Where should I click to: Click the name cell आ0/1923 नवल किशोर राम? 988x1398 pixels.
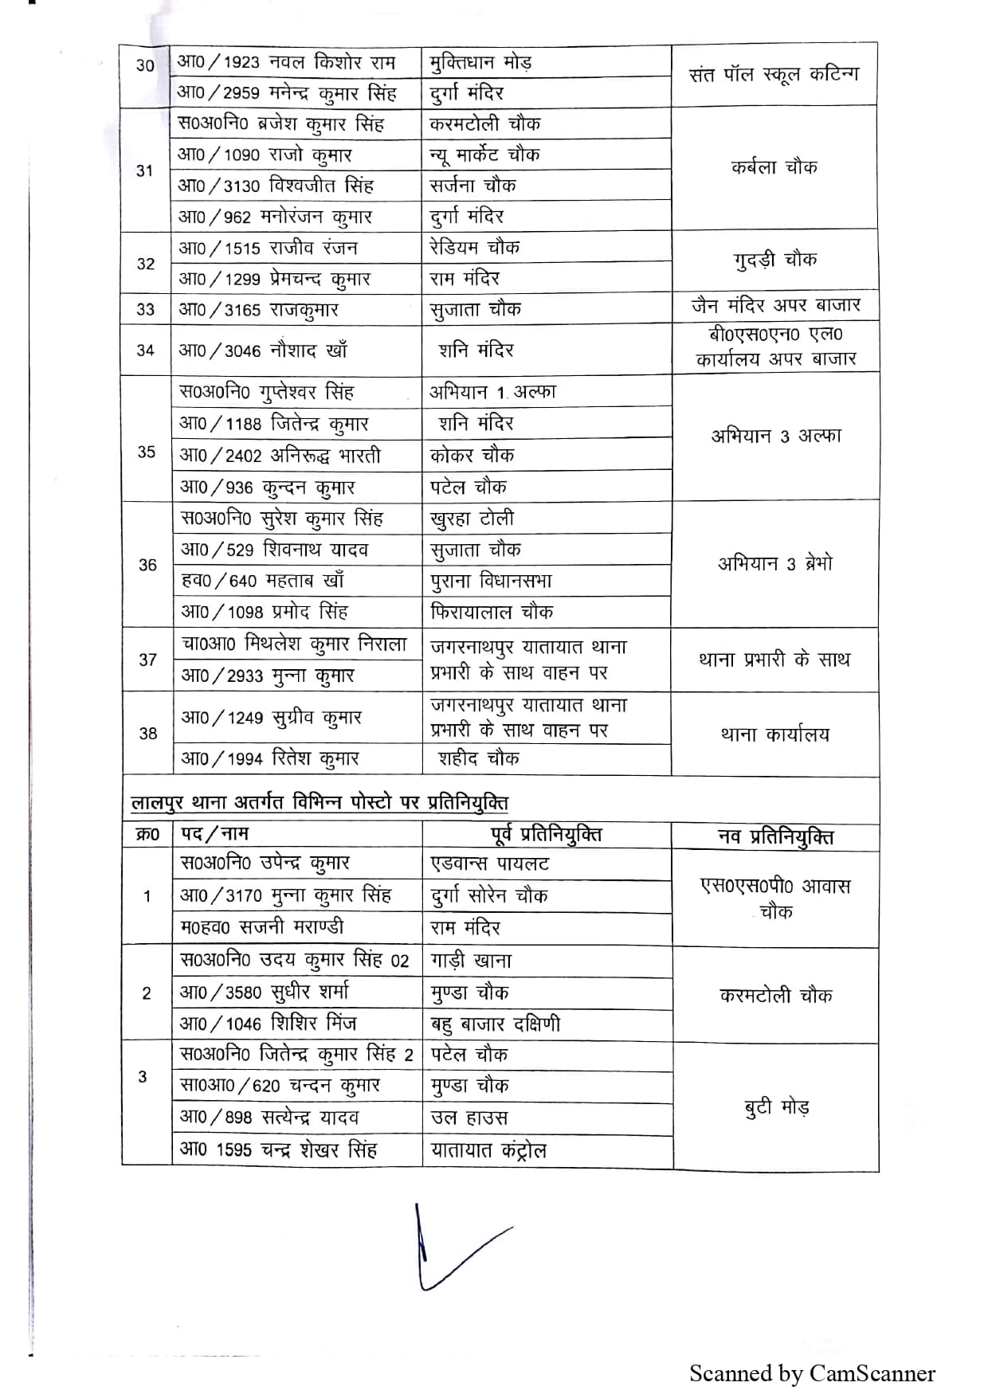[x=286, y=62]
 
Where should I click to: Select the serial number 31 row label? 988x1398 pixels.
[x=145, y=170]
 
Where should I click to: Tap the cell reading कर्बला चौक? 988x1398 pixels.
[x=774, y=167]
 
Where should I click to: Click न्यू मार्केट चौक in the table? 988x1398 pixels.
[x=484, y=155]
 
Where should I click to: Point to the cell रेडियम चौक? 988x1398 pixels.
[x=475, y=247]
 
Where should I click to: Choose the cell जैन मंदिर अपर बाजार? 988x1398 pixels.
[x=775, y=305]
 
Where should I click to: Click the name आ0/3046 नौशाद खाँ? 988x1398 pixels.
[x=263, y=350]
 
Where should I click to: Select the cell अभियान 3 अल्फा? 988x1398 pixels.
[x=775, y=436]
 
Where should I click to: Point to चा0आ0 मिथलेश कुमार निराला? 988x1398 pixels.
[x=294, y=644]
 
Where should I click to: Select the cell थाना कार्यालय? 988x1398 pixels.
[x=774, y=734]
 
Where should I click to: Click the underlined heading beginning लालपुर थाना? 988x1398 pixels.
[x=320, y=802]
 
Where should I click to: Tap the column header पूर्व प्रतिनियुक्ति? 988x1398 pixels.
[x=547, y=834]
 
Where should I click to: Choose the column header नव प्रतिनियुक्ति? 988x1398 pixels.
[x=775, y=836]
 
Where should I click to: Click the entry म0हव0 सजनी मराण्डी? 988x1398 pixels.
[x=262, y=926]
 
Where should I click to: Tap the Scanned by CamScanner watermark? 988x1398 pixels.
[x=812, y=1373]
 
